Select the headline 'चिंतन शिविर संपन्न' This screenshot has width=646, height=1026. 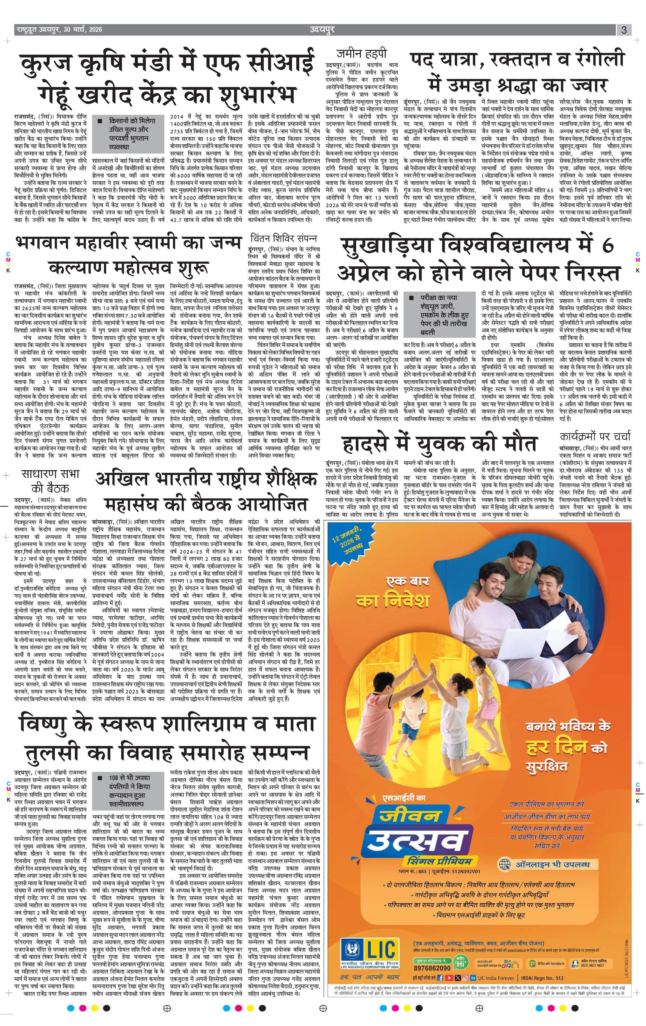(x=283, y=238)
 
